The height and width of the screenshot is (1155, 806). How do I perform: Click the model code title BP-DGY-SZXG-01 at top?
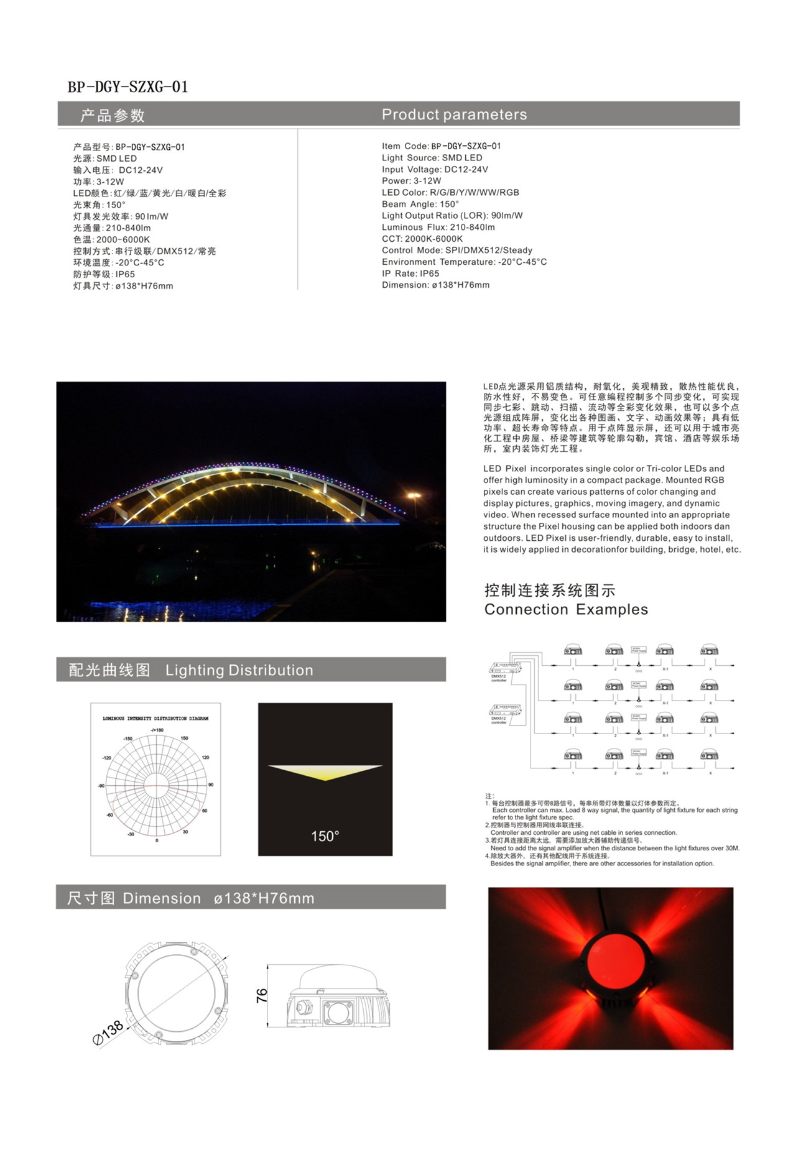(127, 86)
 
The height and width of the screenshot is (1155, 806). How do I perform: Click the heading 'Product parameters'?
(454, 114)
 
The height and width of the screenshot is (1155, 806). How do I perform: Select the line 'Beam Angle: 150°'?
(420, 204)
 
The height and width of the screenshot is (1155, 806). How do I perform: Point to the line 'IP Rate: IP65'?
(410, 274)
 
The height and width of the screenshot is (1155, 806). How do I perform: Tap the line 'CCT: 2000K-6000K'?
(422, 239)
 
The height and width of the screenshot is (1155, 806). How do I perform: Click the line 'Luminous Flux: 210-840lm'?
(438, 227)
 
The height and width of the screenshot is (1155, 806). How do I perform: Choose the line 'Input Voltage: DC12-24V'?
(435, 169)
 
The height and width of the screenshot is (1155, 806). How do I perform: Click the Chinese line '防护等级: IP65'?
(104, 274)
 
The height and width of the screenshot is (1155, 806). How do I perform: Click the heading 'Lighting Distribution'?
(239, 670)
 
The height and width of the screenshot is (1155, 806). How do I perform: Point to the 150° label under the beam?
(325, 836)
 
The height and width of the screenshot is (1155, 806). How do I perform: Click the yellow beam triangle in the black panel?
(325, 771)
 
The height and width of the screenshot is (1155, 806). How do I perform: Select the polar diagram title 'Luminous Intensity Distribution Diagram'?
(155, 719)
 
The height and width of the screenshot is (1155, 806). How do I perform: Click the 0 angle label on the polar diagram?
(157, 840)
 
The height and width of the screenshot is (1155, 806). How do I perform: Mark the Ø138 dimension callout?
(108, 1031)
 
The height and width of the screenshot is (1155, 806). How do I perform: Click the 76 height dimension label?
(262, 995)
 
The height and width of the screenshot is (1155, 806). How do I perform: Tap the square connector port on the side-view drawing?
(338, 1013)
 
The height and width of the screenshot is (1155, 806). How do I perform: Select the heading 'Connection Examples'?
(566, 609)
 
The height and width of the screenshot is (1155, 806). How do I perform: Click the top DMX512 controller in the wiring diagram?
(505, 670)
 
